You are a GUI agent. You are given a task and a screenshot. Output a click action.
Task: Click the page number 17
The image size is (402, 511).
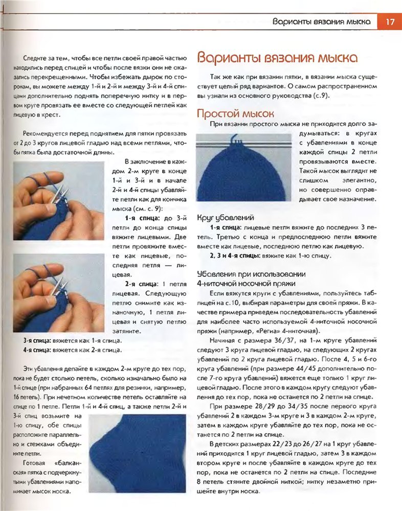[x=389, y=22]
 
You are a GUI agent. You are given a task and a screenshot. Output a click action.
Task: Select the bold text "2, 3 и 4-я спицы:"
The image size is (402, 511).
[x=235, y=255]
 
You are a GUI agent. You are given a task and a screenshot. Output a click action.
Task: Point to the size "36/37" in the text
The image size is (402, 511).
[x=263, y=340]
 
